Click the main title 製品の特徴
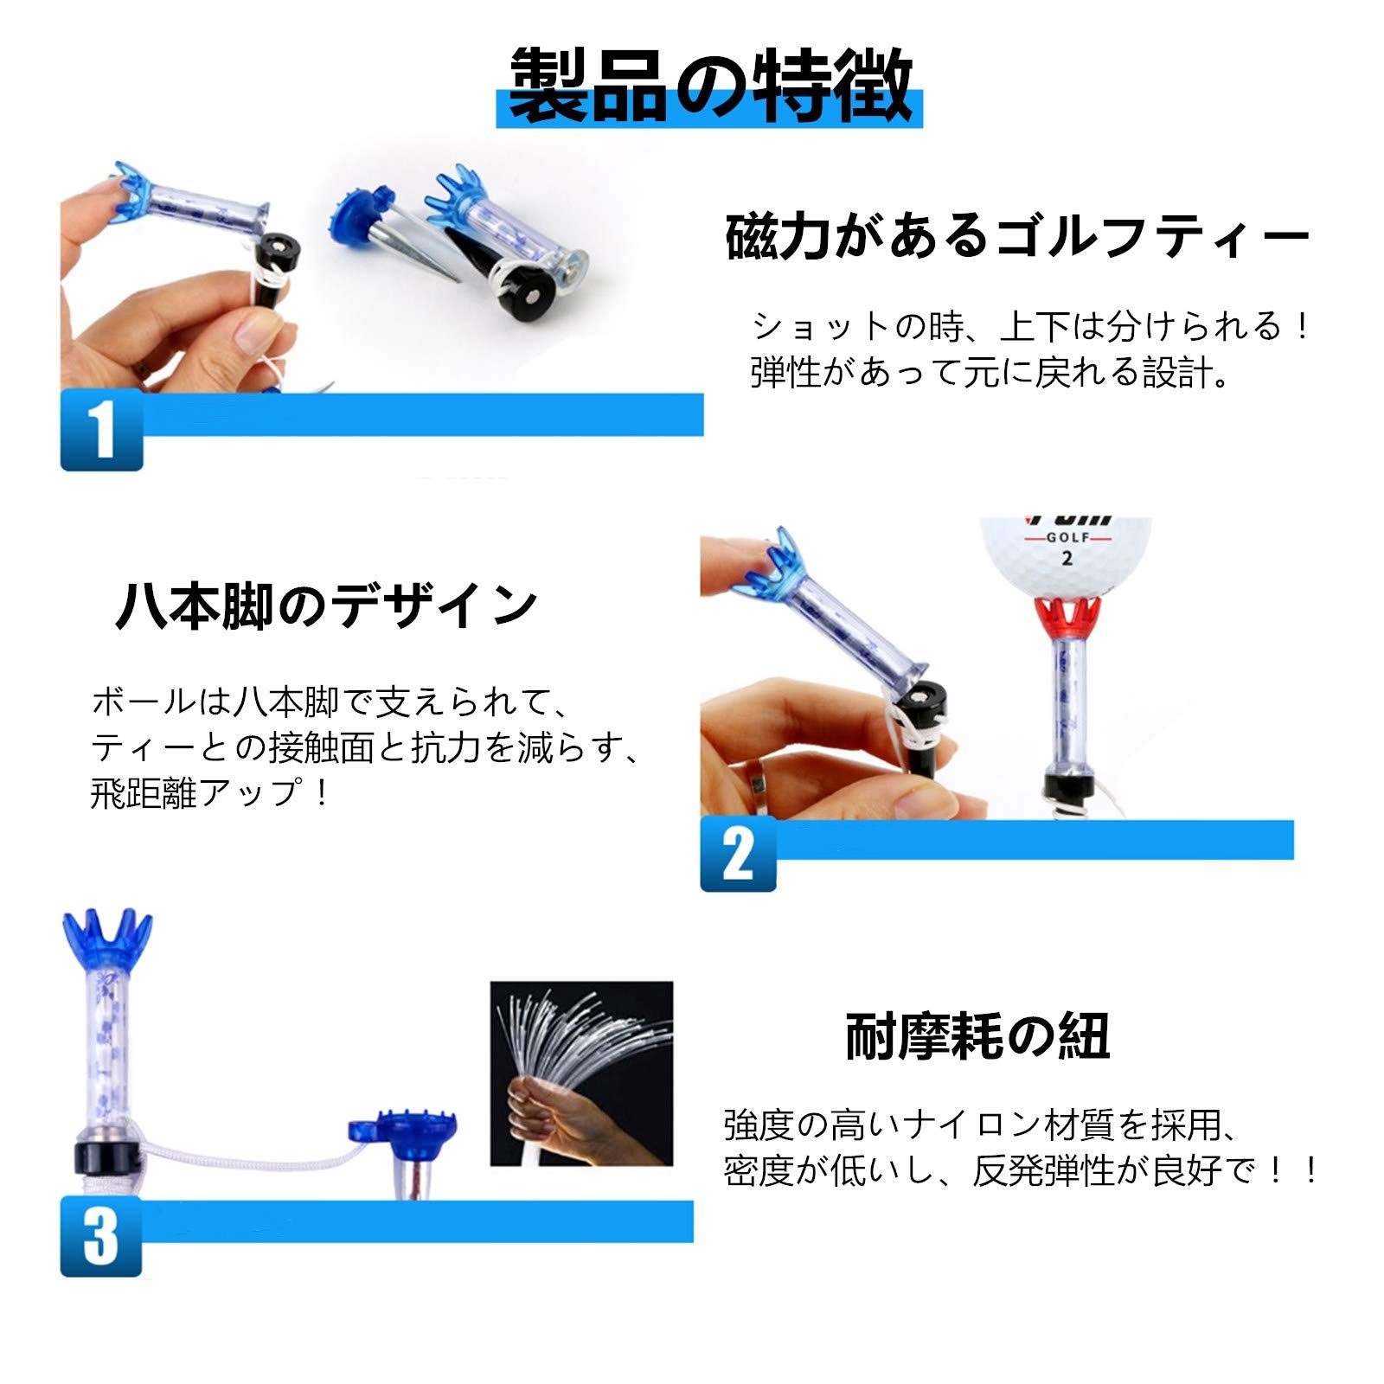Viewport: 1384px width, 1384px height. pos(710,84)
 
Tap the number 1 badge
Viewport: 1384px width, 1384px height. pos(101,429)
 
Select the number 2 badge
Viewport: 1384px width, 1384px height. pos(738,854)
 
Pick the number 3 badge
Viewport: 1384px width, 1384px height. pos(100,1237)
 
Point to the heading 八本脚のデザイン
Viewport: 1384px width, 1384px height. pos(327,605)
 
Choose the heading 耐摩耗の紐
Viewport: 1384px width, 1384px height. pos(977,1035)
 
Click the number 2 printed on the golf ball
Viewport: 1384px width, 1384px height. pos(1067,559)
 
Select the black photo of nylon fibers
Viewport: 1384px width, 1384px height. pos(581,1073)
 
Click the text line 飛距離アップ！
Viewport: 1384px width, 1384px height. pos(210,793)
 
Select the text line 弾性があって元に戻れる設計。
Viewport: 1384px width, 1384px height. pos(990,373)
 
